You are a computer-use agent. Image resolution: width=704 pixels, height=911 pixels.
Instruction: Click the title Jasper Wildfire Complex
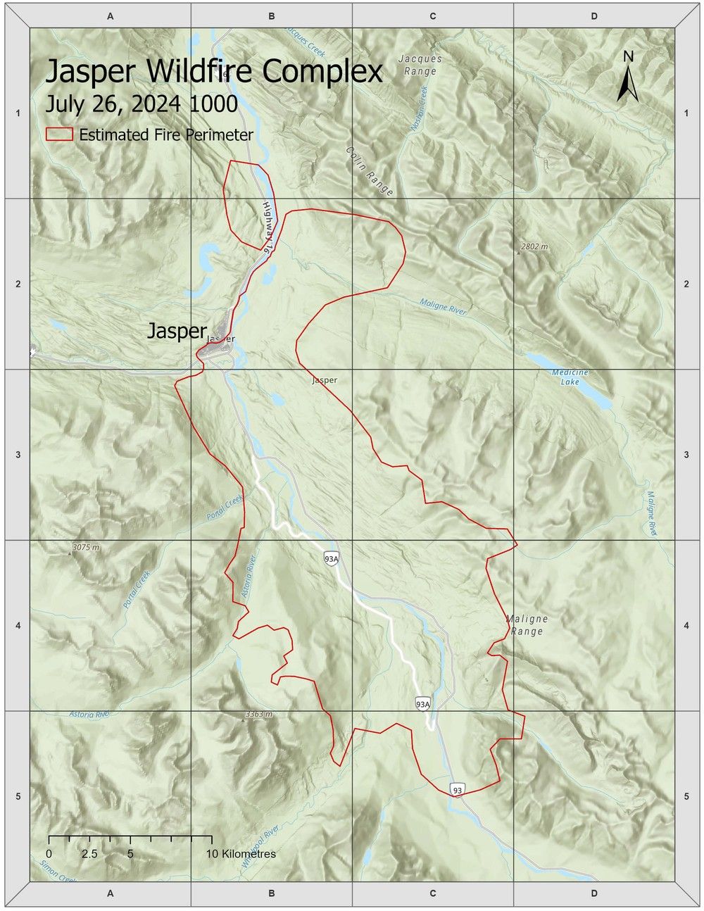click(214, 72)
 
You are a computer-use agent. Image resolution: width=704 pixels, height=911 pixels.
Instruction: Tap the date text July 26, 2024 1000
click(141, 104)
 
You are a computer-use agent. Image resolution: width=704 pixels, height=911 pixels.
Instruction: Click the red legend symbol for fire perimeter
click(59, 134)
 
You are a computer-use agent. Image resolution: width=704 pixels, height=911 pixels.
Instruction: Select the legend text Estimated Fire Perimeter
click(165, 134)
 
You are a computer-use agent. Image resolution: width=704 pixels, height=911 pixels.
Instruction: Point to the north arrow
click(628, 77)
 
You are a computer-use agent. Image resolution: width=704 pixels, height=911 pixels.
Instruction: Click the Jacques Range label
click(420, 65)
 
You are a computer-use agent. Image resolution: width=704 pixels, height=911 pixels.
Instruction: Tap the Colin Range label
click(370, 171)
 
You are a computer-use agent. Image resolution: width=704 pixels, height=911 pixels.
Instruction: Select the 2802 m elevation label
click(534, 246)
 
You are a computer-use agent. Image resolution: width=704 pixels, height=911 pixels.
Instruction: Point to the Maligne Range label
click(527, 625)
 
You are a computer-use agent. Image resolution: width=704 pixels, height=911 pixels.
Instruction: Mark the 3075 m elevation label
click(85, 547)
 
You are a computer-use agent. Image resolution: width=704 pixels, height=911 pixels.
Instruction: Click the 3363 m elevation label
click(258, 715)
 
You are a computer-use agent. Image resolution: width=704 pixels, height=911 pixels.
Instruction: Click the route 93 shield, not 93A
click(458, 790)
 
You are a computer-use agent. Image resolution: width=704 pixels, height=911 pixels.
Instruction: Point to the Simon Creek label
click(58, 872)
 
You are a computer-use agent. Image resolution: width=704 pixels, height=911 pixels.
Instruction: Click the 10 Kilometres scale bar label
click(241, 854)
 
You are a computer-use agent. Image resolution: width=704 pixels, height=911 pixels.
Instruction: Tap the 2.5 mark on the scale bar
click(89, 854)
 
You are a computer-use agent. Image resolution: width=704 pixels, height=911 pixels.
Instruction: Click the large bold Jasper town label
click(177, 331)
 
